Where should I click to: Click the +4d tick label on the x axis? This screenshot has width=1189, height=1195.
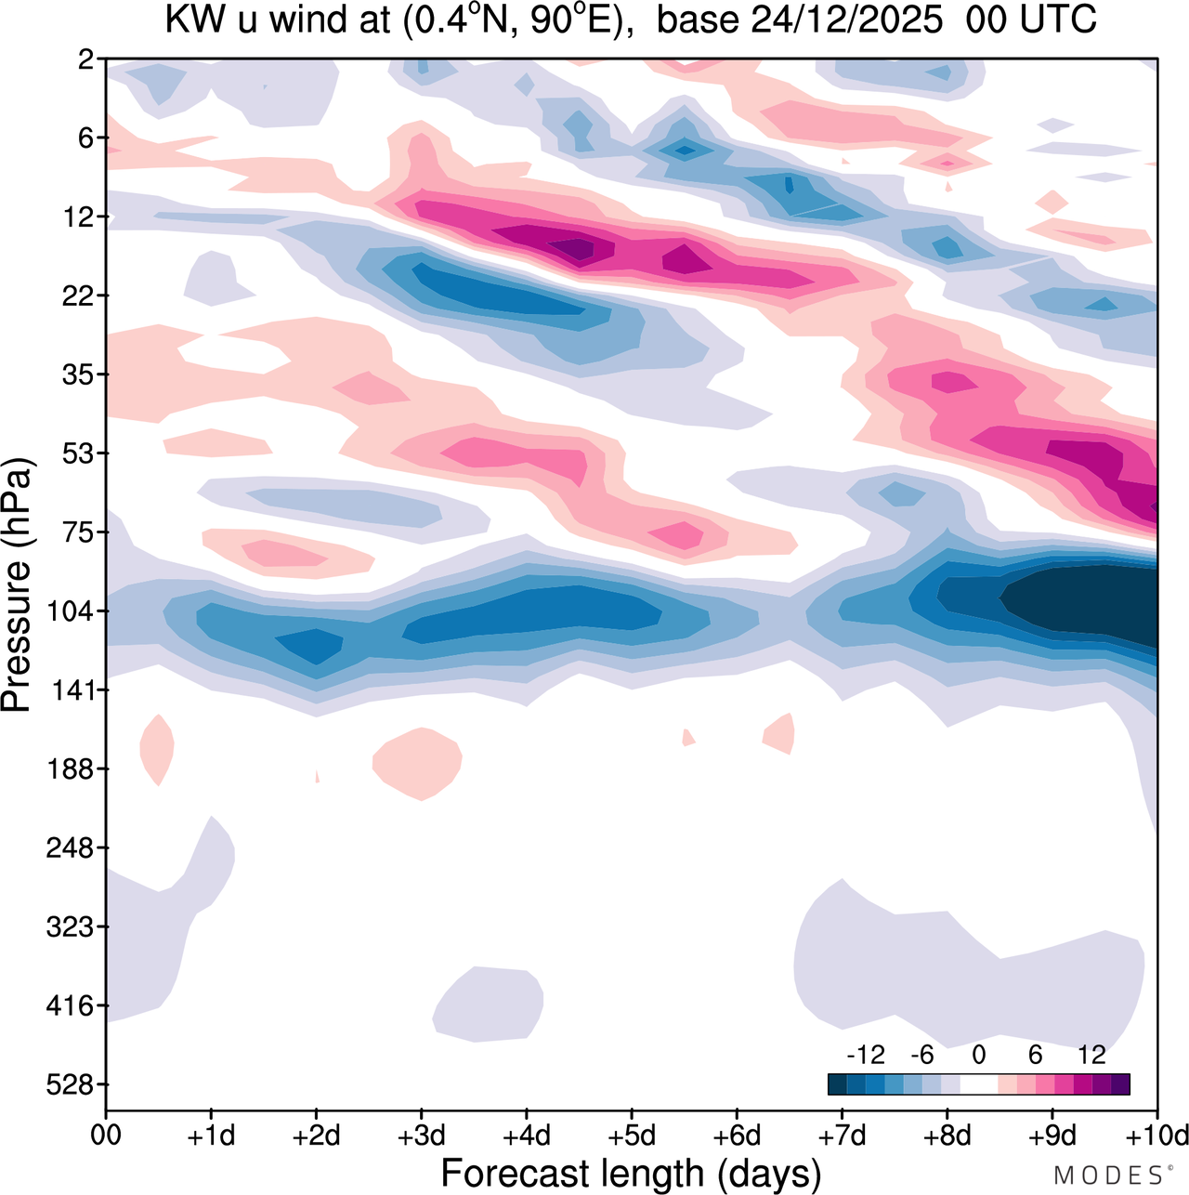[526, 1136]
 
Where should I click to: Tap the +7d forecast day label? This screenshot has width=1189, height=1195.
[842, 1136]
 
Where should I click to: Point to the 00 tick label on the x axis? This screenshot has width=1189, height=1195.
[106, 1136]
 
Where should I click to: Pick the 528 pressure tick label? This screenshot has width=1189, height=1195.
[70, 1084]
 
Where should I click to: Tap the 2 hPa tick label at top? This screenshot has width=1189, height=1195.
[85, 59]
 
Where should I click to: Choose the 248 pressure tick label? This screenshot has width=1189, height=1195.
[70, 848]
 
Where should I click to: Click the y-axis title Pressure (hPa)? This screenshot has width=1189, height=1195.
[17, 585]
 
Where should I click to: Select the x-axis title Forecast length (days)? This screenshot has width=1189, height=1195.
[631, 1173]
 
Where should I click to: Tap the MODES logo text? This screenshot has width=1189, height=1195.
[1109, 1175]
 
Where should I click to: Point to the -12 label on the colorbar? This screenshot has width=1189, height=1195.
[866, 1055]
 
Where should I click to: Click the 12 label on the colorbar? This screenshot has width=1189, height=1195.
[1091, 1055]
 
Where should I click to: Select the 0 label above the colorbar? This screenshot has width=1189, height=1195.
[979, 1055]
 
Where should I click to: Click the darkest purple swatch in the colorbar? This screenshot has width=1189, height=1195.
[1120, 1084]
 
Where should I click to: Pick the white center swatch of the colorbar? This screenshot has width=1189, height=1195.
[979, 1084]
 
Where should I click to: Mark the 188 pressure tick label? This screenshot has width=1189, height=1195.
[70, 769]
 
